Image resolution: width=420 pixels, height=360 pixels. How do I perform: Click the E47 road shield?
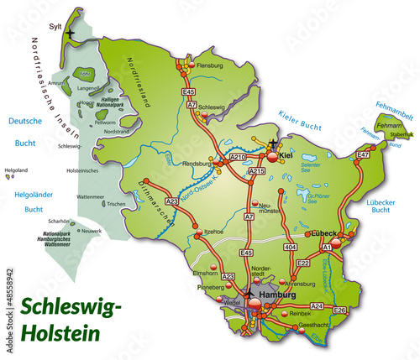coord(363,155)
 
